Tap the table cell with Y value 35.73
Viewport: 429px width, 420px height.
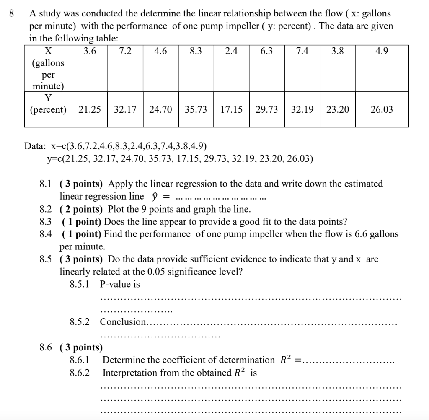196,110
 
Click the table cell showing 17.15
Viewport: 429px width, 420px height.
231,110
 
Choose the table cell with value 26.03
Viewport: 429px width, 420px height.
382,110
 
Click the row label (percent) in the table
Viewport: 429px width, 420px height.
48,110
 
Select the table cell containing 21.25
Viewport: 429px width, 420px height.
90,110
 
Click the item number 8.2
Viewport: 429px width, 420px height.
45,209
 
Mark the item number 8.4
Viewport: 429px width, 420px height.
45,234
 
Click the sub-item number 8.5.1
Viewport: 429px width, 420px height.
80,284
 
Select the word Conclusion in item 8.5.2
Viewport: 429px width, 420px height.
123,322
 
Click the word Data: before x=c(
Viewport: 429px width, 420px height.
36,146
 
